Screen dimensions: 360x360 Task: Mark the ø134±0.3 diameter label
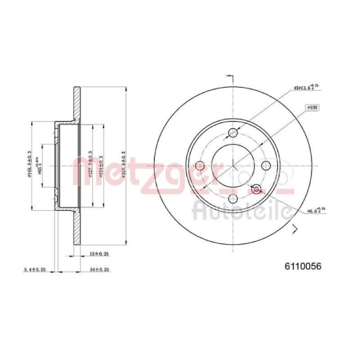pyautogui.click(x=102, y=166)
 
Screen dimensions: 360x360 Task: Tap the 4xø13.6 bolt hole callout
pyautogui.click(x=306, y=89)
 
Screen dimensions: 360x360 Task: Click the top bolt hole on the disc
pyautogui.click(x=233, y=132)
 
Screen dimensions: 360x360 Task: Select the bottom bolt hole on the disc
pyautogui.click(x=233, y=202)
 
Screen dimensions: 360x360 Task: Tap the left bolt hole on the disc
pyautogui.click(x=198, y=167)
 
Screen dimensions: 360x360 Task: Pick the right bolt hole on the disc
pyautogui.click(x=267, y=167)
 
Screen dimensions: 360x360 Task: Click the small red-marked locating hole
pyautogui.click(x=254, y=189)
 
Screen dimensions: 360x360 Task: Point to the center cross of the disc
pyautogui.click(x=233, y=167)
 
